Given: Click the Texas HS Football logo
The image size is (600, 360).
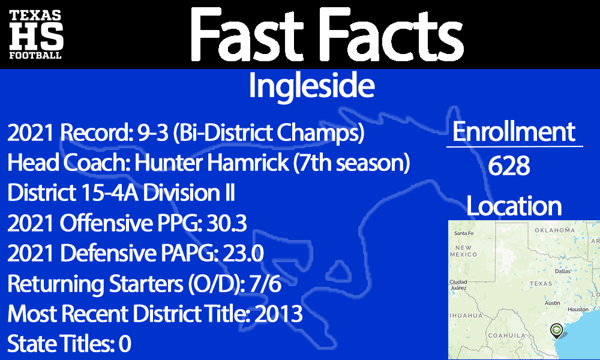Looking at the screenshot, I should (35, 34).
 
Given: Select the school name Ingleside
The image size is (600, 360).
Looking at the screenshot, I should (311, 86).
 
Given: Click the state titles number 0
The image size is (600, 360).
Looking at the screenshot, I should (124, 344).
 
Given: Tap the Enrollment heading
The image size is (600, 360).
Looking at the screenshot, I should (514, 132).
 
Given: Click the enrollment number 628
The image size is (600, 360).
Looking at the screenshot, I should (509, 166).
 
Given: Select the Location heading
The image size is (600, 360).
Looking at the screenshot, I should (514, 206).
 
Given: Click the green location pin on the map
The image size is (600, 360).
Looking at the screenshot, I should (557, 329).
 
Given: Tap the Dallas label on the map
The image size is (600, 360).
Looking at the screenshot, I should (563, 271).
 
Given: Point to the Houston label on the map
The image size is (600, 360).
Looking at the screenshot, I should (578, 310).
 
